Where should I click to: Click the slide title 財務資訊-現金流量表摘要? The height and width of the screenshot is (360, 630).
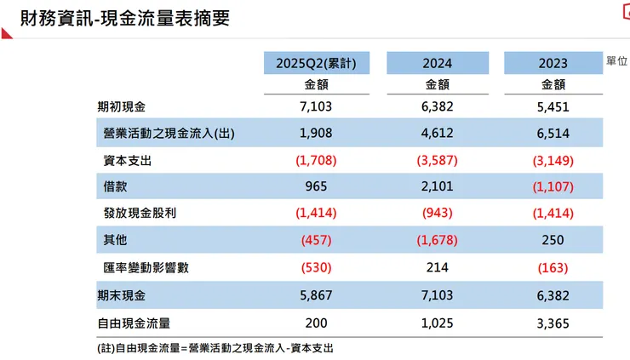click(x=115, y=18)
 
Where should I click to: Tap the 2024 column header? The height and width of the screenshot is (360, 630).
click(x=438, y=63)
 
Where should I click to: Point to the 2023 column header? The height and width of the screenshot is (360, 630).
click(x=553, y=63)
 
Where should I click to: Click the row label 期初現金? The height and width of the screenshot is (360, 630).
click(x=122, y=107)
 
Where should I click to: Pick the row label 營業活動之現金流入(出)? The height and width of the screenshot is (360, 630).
click(x=169, y=133)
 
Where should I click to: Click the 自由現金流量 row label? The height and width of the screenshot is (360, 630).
click(x=134, y=323)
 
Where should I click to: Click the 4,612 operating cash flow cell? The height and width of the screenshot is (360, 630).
click(x=438, y=133)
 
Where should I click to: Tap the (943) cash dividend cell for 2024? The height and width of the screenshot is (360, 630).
click(x=438, y=214)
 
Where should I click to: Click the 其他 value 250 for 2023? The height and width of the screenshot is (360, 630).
click(x=553, y=241)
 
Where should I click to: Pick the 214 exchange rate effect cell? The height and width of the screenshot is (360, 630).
click(x=438, y=267)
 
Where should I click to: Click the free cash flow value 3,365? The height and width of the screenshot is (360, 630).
click(x=553, y=323)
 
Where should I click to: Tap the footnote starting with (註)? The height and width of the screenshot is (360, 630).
click(x=215, y=348)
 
